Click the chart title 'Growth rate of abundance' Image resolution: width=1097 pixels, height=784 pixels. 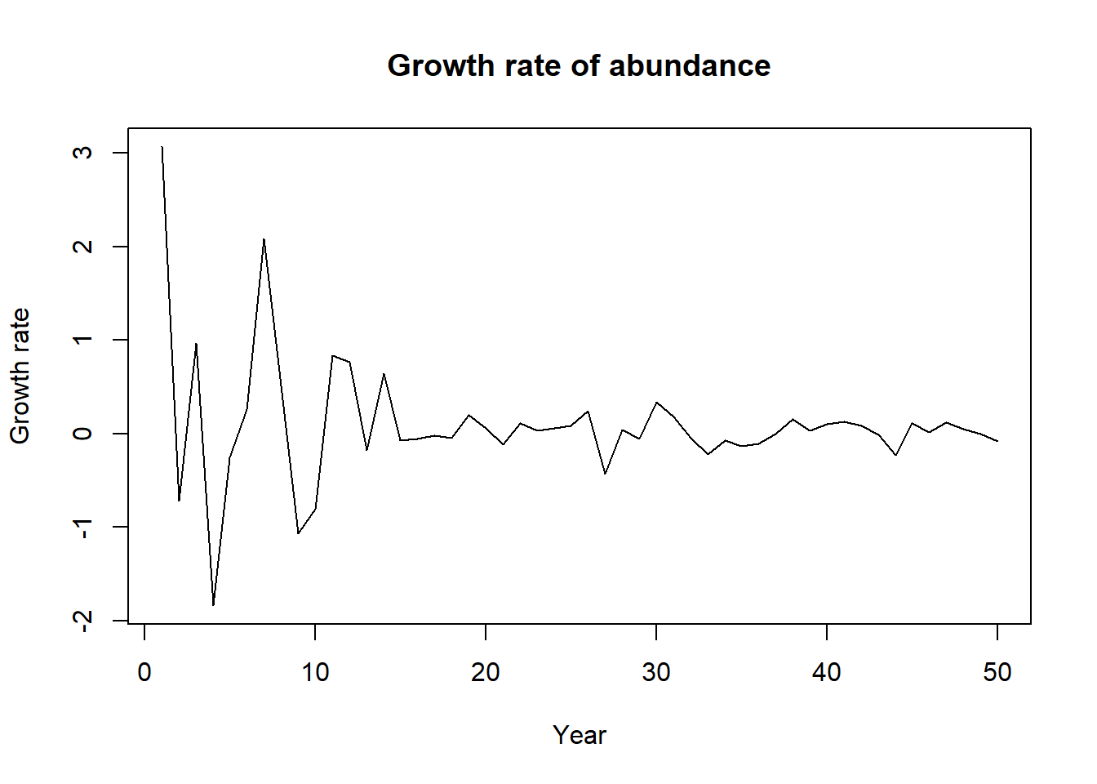tap(579, 65)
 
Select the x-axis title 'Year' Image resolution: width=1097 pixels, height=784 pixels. tap(579, 735)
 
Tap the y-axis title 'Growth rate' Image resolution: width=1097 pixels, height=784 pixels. tap(20, 376)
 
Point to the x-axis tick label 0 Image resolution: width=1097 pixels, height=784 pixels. tap(144, 672)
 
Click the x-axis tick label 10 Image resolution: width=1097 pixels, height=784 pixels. tap(315, 672)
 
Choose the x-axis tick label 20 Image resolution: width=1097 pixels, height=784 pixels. tap(486, 672)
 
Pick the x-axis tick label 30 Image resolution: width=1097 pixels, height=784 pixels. tap(656, 672)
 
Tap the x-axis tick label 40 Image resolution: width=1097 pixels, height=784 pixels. tap(827, 672)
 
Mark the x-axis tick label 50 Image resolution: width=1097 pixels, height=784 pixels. tap(997, 672)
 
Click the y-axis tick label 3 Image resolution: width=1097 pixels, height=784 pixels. tap(82, 153)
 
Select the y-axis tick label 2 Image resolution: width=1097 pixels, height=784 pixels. tap(82, 247)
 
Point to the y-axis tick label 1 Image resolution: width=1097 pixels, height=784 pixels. tap(82, 340)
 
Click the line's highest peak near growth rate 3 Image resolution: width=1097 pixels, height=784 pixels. tap(162, 147)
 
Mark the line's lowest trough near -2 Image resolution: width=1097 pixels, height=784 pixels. tap(213, 605)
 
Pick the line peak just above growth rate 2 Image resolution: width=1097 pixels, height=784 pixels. tap(264, 239)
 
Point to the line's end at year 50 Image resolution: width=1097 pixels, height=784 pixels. tap(997, 441)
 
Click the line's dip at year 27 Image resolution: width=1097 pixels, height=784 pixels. tap(605, 474)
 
